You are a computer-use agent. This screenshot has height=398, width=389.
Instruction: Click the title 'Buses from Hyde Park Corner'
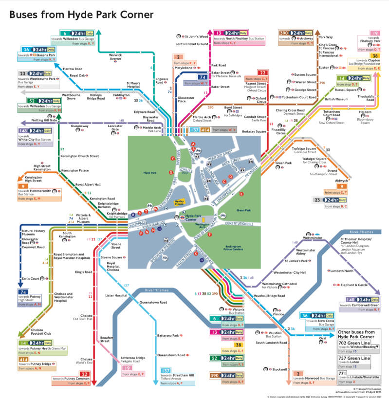[x=81, y=15]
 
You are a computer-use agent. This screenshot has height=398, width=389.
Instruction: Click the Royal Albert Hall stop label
[x=88, y=184]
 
